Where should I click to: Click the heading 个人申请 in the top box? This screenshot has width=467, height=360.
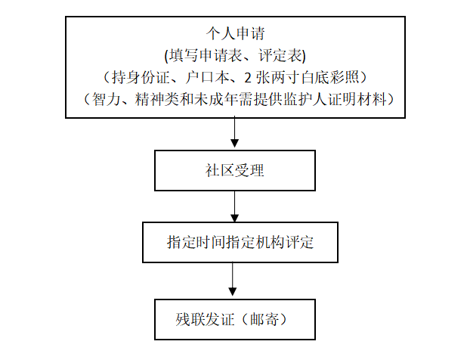(x=235, y=33)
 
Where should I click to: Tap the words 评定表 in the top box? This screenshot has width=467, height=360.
(x=280, y=55)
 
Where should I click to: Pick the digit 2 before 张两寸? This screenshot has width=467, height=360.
(x=248, y=78)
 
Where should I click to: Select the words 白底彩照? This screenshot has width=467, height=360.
(x=330, y=77)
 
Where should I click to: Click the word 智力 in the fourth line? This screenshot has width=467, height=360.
(x=106, y=99)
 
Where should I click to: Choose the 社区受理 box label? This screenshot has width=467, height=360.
(x=235, y=170)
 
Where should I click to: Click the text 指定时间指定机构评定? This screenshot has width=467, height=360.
(x=240, y=242)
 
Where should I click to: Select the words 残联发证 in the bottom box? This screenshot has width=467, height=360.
(x=205, y=319)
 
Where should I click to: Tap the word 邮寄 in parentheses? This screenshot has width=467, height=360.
(x=264, y=319)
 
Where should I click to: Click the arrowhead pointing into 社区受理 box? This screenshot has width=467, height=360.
(x=235, y=144)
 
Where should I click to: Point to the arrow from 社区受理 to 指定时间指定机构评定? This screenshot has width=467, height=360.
(x=235, y=206)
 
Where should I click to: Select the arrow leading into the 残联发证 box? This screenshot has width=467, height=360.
(x=233, y=279)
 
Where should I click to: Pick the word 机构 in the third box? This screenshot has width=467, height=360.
(x=270, y=242)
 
